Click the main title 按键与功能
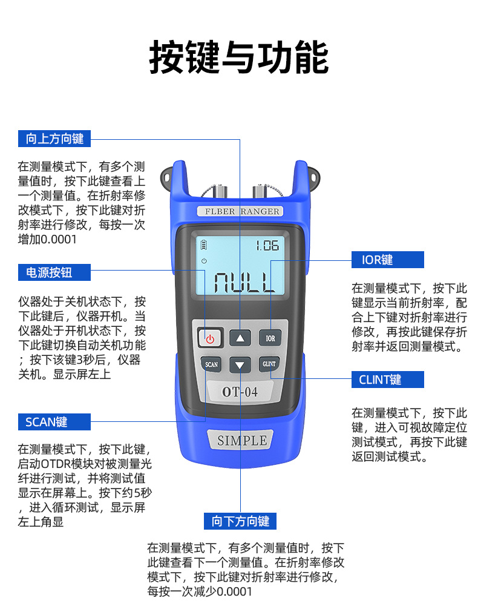tap(239, 58)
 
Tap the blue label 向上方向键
tap(54, 139)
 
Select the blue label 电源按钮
tap(54, 272)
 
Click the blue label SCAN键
tap(54, 422)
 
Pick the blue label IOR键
tap(388, 260)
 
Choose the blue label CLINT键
tap(388, 380)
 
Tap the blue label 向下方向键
tap(240, 521)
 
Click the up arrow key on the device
tap(240, 338)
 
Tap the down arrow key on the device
tap(240, 365)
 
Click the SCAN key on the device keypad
tap(211, 364)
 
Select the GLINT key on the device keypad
tap(270, 364)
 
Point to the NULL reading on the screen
tap(244, 281)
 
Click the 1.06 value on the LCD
tap(266, 246)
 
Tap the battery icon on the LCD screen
tap(204, 245)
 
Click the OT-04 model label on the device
tap(240, 392)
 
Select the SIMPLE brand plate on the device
tap(241, 441)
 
